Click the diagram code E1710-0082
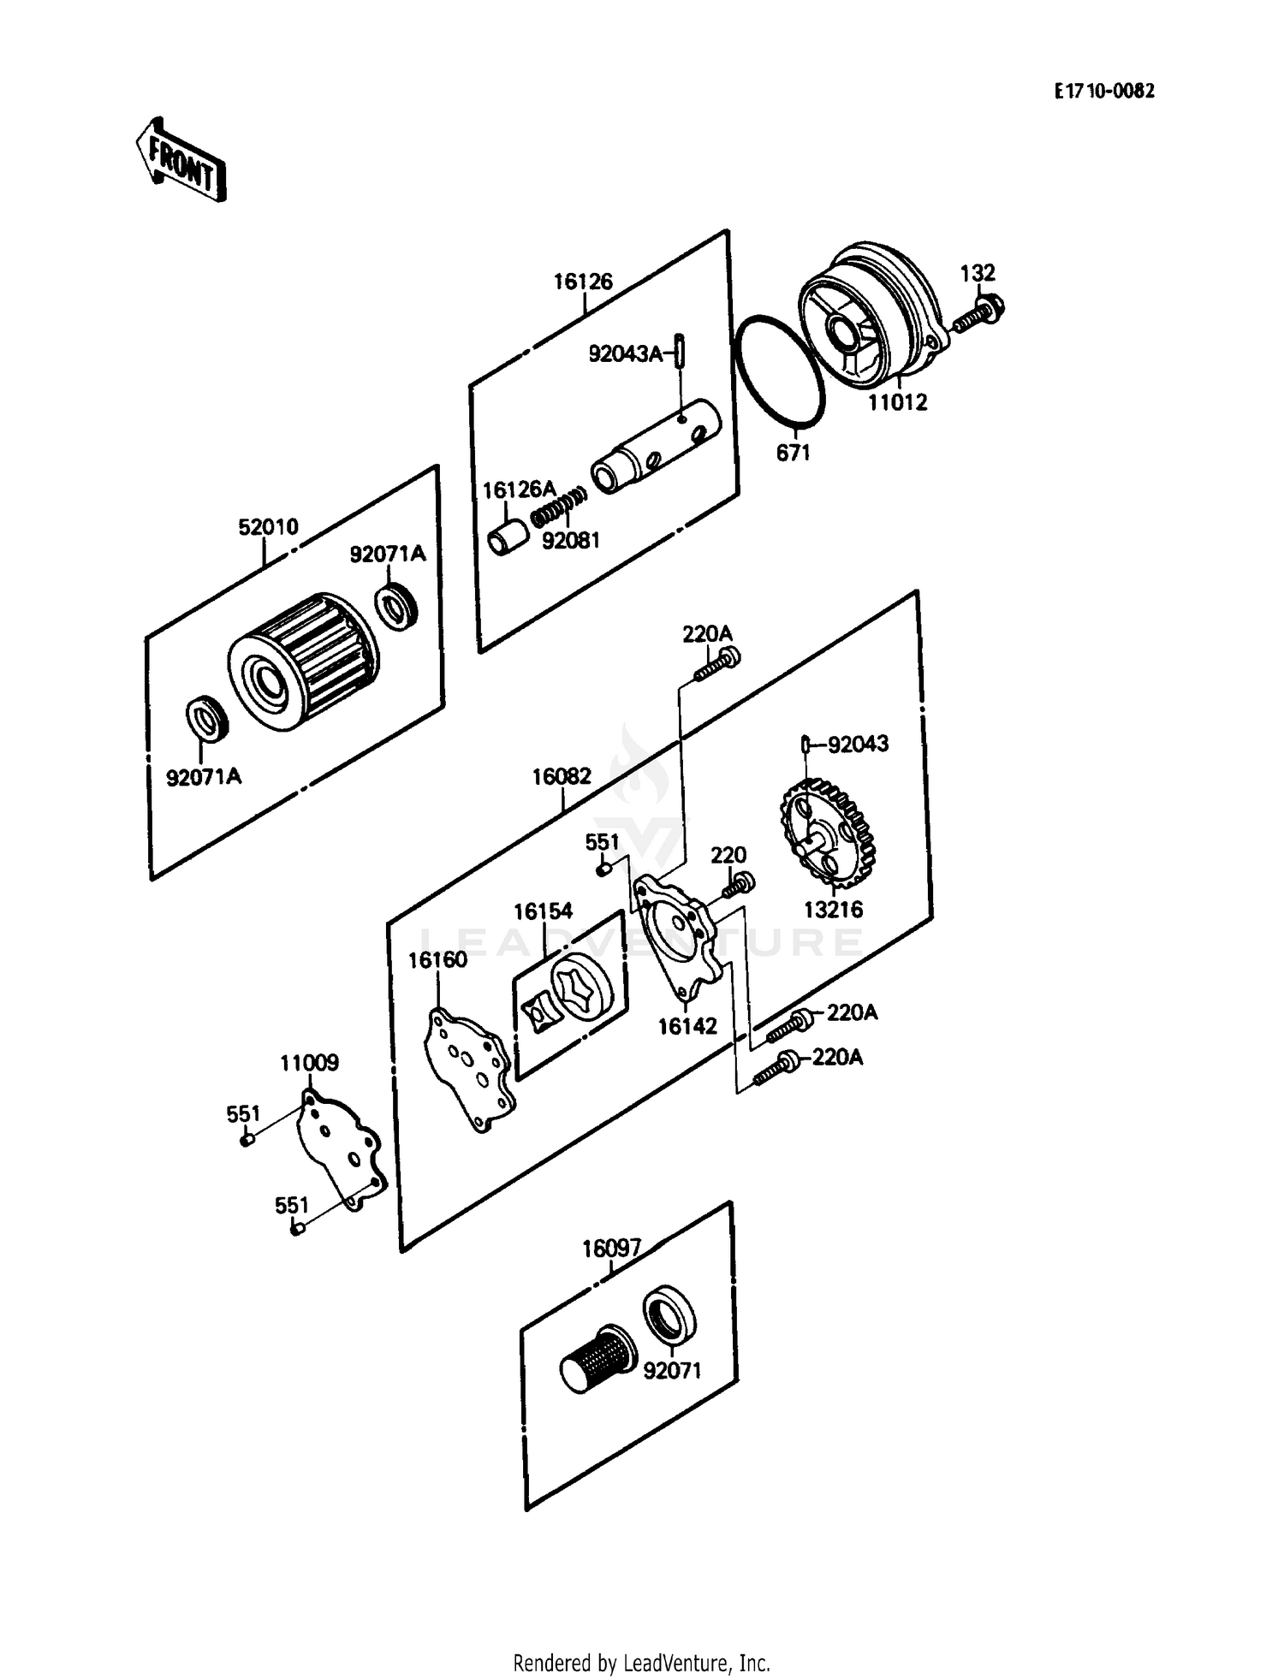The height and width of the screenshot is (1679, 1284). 1103,91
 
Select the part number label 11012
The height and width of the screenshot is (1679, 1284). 897,402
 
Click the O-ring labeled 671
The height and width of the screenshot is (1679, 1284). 779,370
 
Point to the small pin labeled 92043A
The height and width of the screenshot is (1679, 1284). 681,351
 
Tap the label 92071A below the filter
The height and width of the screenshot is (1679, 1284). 203,776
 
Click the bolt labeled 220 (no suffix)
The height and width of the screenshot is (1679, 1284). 738,884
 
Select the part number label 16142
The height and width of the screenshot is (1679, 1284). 687,1025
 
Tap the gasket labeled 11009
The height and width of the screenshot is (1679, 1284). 341,1147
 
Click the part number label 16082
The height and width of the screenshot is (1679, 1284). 562,776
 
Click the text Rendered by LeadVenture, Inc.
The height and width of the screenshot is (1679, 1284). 641,1663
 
